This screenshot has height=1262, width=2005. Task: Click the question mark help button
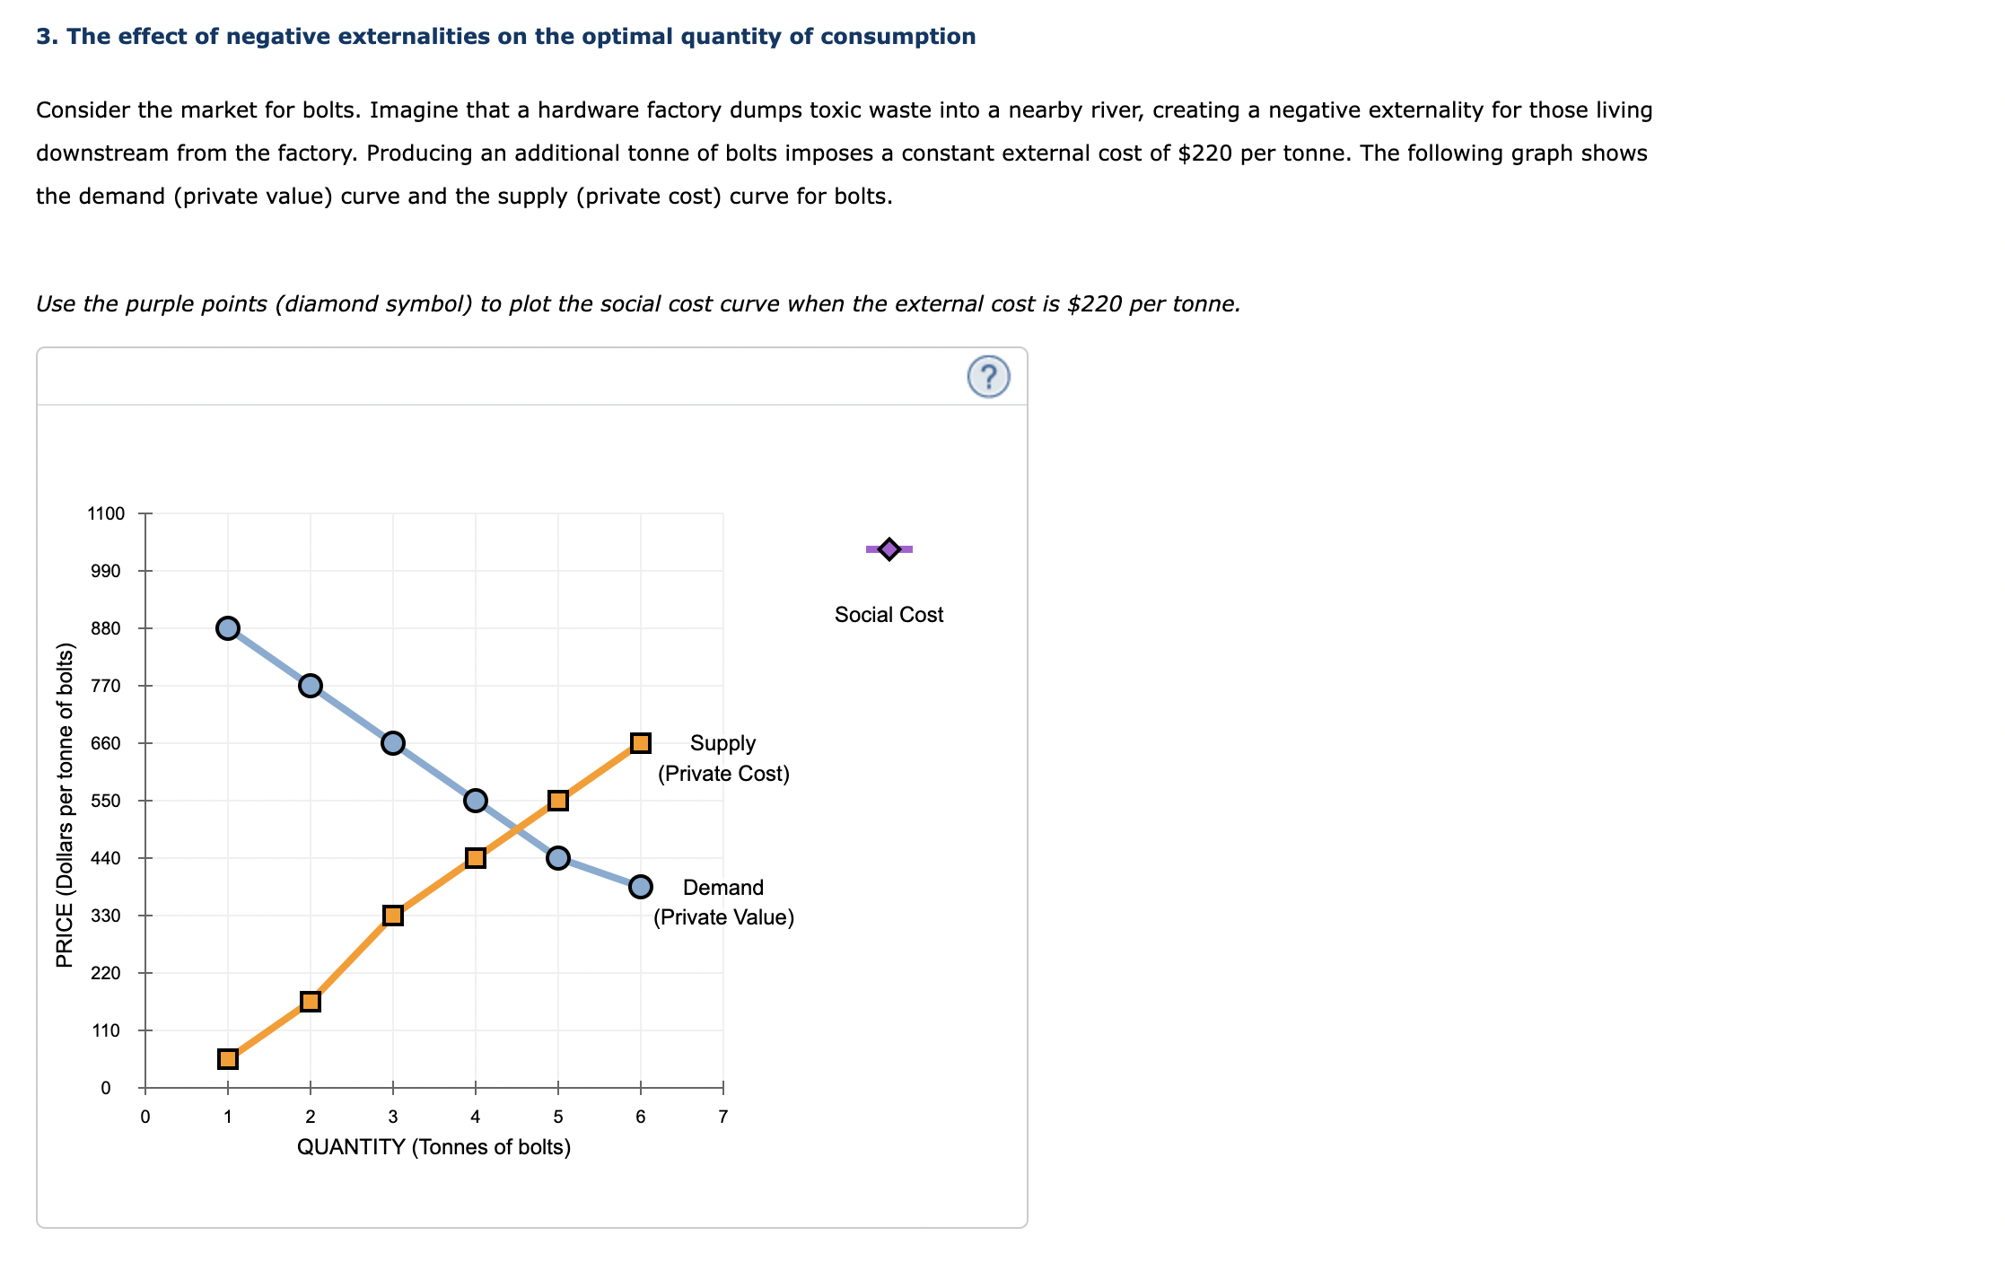988,377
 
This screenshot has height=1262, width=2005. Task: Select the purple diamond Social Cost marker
889,548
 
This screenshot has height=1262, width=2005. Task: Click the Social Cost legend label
889,615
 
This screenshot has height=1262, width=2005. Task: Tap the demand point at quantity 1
228,628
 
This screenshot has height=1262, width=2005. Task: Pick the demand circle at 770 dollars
311,686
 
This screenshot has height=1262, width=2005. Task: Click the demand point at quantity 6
640,887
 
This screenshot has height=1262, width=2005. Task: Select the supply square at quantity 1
228,1059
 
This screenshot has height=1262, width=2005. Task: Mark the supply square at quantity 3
393,916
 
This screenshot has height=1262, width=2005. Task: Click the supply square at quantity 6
640,743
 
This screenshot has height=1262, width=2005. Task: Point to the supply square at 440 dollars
476,858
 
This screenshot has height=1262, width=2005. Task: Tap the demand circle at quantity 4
476,801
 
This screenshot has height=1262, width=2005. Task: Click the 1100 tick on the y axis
106,514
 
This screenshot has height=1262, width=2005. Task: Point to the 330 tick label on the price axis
106,916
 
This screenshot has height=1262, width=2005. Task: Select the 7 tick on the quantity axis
723,1117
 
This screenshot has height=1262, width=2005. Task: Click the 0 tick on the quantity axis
145,1117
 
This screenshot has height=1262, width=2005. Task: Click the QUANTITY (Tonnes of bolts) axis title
433,1147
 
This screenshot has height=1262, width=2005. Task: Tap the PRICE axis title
65,805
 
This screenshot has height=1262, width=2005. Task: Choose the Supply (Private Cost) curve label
723,758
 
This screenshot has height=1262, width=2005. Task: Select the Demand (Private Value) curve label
723,902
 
